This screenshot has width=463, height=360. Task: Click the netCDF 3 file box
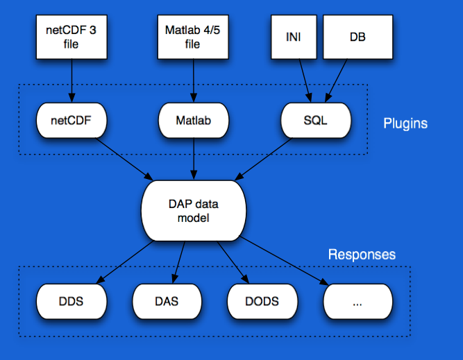pyautogui.click(x=71, y=37)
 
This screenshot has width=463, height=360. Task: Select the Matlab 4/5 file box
pyautogui.click(x=193, y=37)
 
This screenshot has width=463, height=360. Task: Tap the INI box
pyautogui.click(x=294, y=37)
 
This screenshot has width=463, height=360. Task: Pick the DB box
pyautogui.click(x=358, y=37)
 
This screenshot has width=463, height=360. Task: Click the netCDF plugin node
pyautogui.click(x=71, y=121)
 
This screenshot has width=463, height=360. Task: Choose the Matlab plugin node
pyautogui.click(x=194, y=121)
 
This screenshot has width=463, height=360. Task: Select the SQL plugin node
pyautogui.click(x=316, y=121)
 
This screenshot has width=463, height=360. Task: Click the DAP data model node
pyautogui.click(x=194, y=211)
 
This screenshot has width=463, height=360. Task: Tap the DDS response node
pyautogui.click(x=71, y=302)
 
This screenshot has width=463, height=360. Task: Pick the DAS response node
pyautogui.click(x=167, y=302)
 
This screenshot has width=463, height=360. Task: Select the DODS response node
pyautogui.click(x=262, y=302)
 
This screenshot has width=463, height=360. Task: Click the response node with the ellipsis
pyautogui.click(x=358, y=302)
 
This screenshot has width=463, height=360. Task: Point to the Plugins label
pyautogui.click(x=405, y=123)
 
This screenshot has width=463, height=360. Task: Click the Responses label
pyautogui.click(x=362, y=255)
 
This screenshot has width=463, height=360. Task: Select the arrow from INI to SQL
pyautogui.click(x=305, y=81)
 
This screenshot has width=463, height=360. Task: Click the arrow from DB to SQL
pyautogui.click(x=336, y=81)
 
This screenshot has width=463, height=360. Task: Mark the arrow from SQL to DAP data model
pyautogui.click(x=263, y=159)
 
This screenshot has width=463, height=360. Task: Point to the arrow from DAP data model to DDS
pyautogui.click(x=125, y=262)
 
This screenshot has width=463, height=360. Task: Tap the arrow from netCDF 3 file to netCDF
pyautogui.click(x=71, y=81)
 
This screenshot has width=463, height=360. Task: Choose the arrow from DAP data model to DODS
pyautogui.click(x=233, y=262)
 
